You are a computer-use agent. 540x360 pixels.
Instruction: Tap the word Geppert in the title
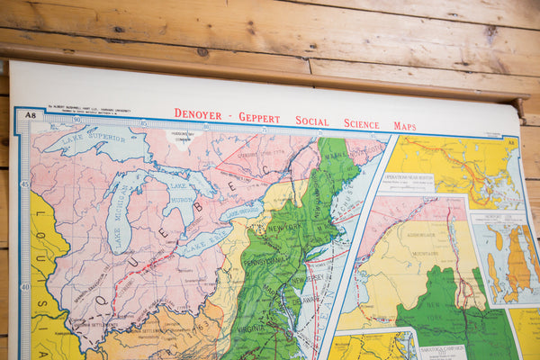(x=260, y=118)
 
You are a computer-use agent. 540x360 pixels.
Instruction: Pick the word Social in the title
(x=312, y=121)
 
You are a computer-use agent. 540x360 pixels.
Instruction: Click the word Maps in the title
(x=404, y=126)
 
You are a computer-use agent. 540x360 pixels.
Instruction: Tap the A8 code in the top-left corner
(x=31, y=114)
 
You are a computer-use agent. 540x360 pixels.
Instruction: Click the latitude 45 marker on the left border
(x=25, y=184)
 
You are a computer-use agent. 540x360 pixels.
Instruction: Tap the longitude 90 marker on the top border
(x=76, y=120)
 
